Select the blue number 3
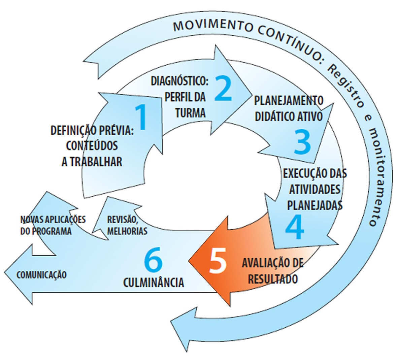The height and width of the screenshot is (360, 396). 302,142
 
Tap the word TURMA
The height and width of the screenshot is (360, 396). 190,112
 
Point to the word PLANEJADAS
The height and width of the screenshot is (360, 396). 315,205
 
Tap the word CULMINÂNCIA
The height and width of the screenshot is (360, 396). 154,282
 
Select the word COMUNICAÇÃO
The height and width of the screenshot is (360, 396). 41,275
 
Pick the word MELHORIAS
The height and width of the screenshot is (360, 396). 127,231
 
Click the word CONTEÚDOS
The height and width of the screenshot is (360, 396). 92,146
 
